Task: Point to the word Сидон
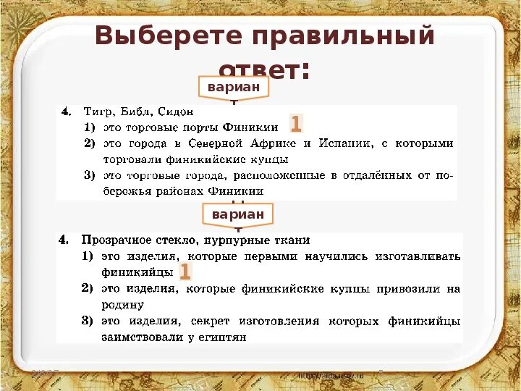174,112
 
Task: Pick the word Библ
135,112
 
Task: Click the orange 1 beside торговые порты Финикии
296,124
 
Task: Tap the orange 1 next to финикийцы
185,272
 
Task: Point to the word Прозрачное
115,240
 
